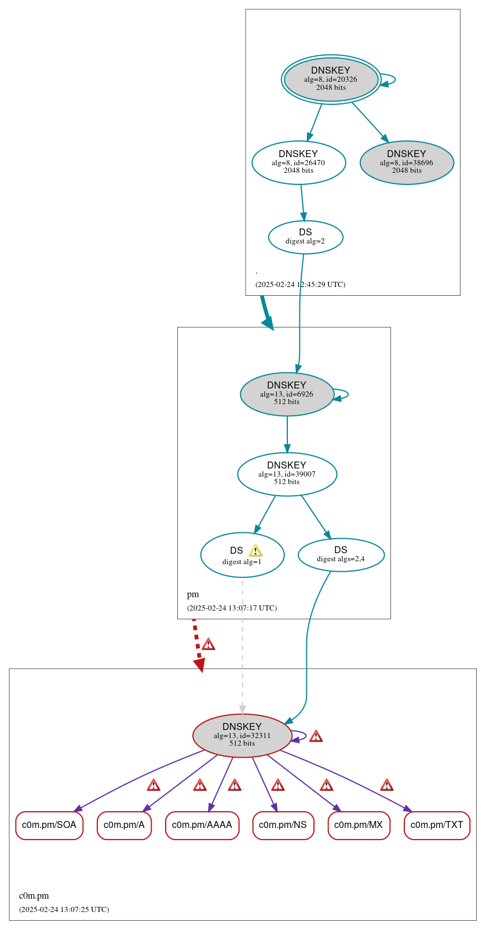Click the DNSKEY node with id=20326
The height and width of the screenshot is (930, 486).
coord(331,79)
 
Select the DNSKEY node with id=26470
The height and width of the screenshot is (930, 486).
coord(298,162)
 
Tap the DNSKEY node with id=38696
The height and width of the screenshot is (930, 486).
coord(407,162)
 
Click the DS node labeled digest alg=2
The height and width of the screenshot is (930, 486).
coord(305,237)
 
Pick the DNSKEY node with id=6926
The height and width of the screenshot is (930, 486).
coord(287,394)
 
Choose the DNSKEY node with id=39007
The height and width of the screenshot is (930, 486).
coord(287,474)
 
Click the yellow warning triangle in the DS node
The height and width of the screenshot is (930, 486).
coord(255,551)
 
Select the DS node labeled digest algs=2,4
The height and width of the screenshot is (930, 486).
coord(341,555)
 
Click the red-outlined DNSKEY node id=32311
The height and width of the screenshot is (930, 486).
coord(242,735)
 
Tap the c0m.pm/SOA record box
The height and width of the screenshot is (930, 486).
coord(49,825)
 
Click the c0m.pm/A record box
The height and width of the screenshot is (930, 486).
coord(124,825)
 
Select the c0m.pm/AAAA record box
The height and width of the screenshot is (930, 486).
coord(202,825)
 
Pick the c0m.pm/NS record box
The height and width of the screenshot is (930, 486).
coord(283,825)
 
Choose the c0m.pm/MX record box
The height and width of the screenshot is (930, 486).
coord(359,825)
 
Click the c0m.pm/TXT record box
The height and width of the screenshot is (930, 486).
coord(437,825)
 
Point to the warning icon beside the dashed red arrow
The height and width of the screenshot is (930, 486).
coord(208,644)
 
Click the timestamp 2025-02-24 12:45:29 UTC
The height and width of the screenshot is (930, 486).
coord(300,285)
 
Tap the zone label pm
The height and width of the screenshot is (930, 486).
coord(193,594)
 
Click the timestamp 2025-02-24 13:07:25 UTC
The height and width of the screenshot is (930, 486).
coord(64,910)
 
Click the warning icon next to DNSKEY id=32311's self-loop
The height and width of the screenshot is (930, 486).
coord(316,736)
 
